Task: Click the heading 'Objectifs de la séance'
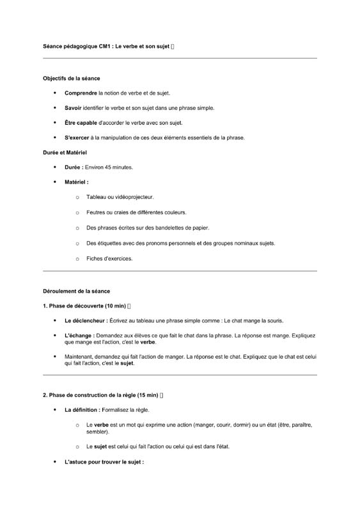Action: click(72, 79)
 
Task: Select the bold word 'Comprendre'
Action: click(81, 93)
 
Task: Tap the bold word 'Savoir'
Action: click(73, 108)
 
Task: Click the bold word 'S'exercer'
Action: click(77, 137)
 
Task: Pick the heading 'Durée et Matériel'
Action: click(65, 153)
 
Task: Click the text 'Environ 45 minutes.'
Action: click(109, 168)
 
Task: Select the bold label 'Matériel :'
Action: click(77, 182)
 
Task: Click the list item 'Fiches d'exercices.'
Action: click(109, 259)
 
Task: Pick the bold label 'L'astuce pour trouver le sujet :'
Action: click(104, 462)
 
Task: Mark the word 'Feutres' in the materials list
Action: click(96, 212)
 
